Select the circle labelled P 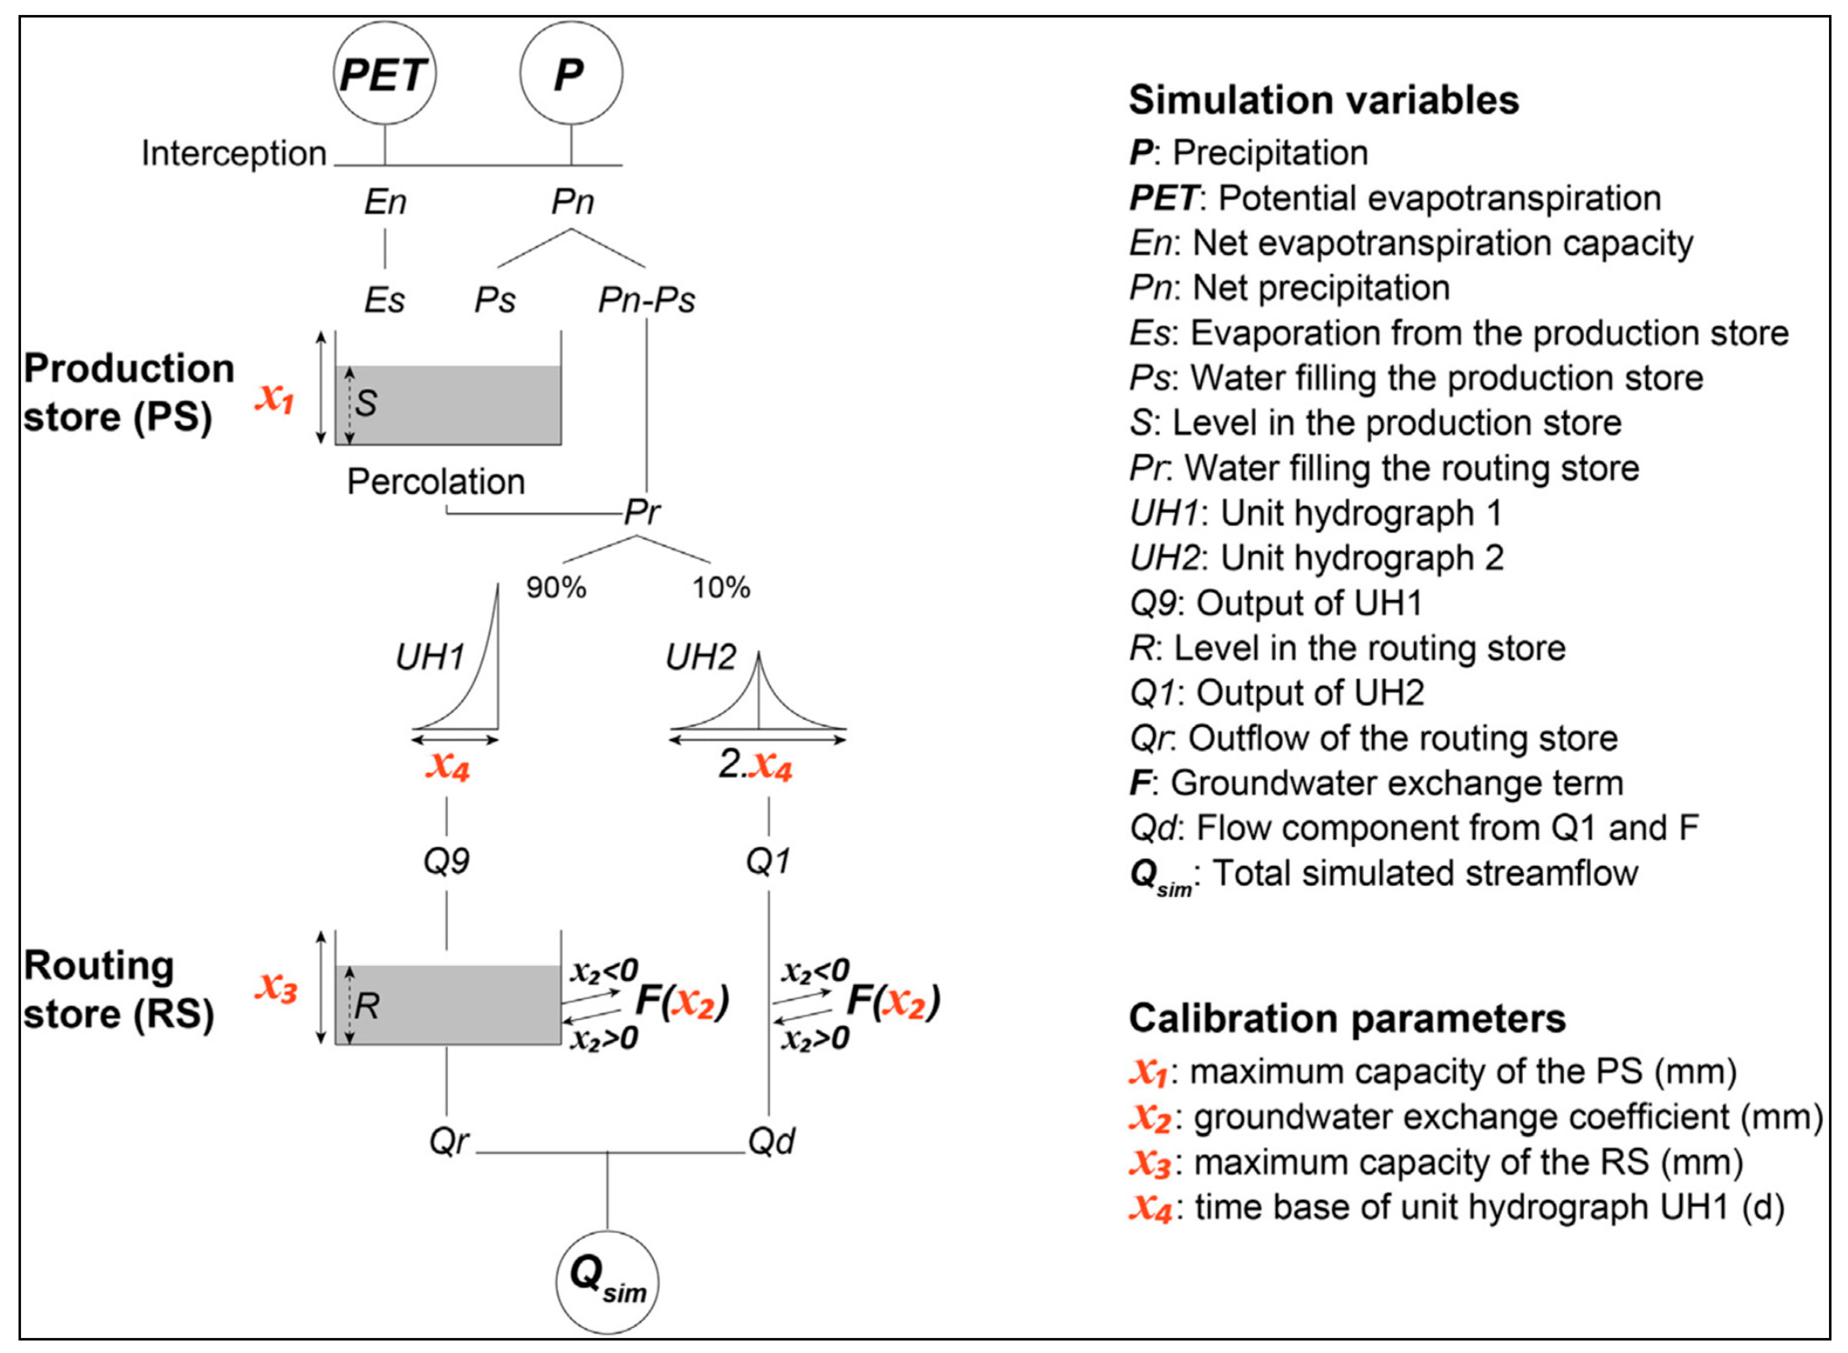pos(570,73)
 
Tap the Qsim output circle pos(606,1281)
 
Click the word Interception pos(233,153)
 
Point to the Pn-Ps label pos(646,300)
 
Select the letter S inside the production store pos(366,403)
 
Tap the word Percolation pos(435,481)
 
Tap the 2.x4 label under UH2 pos(755,766)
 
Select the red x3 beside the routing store pos(275,988)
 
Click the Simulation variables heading pos(1323,100)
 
